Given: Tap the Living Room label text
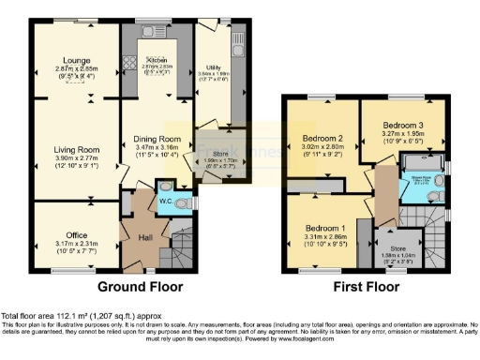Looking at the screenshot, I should [x=76, y=149].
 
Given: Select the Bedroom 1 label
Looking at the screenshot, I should [x=325, y=229].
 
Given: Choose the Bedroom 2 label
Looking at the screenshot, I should [x=321, y=137].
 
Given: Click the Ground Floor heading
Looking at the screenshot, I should [x=140, y=286].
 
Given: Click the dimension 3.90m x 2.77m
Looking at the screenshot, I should [x=76, y=158].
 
